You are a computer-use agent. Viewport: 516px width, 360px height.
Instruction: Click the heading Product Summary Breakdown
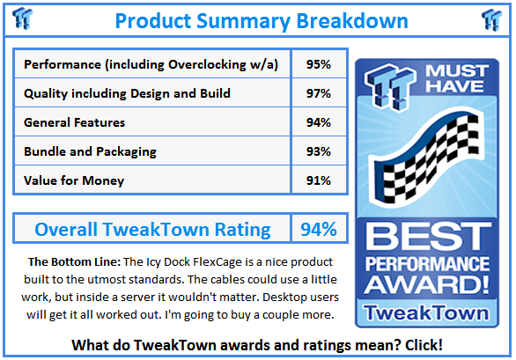coord(261,19)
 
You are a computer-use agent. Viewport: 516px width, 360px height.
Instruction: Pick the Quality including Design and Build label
coord(127,93)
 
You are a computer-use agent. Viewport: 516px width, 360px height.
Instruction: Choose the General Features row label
coord(74,122)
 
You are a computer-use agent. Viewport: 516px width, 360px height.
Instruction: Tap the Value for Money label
coord(74,180)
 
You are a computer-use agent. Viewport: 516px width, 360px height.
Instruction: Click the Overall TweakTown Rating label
coord(152,230)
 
